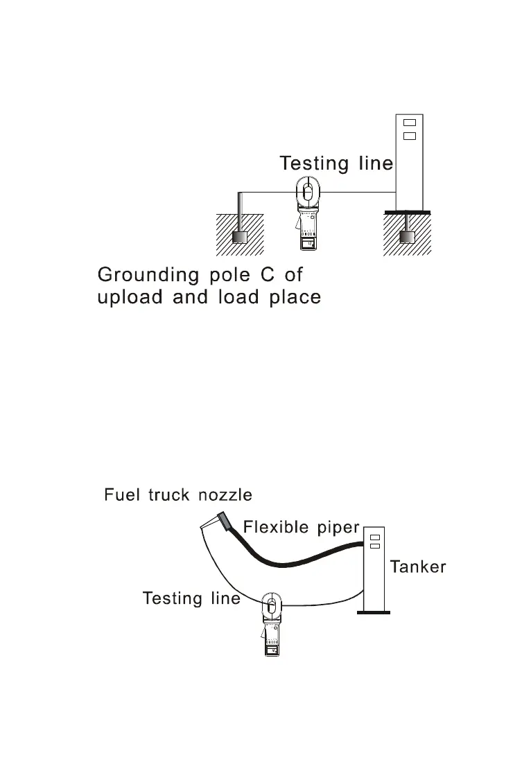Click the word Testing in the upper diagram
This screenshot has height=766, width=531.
pos(314,163)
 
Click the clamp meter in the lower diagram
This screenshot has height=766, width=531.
pos(270,627)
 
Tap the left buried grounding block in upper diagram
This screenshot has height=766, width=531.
pos(240,237)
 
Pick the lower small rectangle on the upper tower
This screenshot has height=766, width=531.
pos(408,136)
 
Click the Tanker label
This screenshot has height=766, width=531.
pos(418,567)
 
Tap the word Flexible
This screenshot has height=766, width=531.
pos(275,527)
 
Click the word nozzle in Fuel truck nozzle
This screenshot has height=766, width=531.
pos(225,495)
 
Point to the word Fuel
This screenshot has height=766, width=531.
pos(119,495)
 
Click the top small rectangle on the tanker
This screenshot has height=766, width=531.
pos(375,537)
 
